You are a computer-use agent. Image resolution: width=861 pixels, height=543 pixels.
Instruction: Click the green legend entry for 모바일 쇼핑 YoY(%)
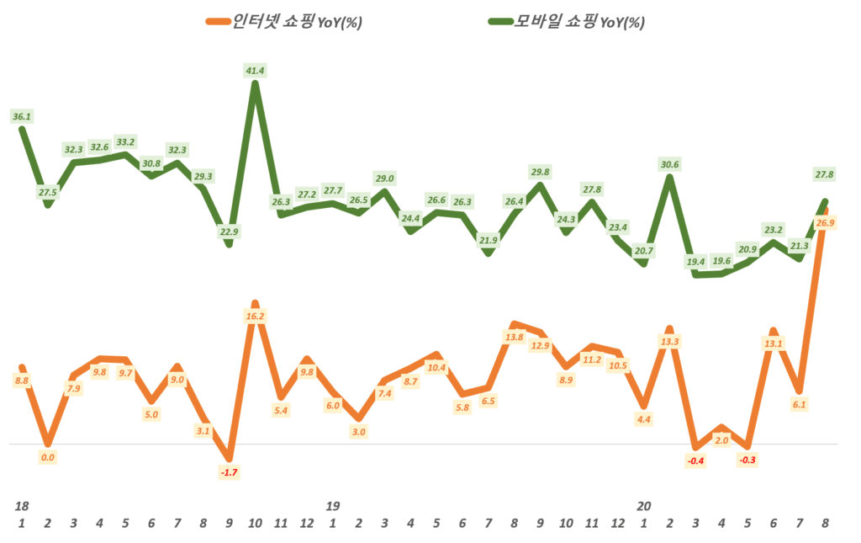(x=566, y=23)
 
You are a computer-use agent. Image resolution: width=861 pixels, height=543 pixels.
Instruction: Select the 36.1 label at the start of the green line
(x=22, y=115)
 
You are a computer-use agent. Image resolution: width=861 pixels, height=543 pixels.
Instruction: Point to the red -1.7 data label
(x=229, y=472)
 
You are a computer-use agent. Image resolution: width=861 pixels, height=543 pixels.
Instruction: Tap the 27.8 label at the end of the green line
(x=825, y=174)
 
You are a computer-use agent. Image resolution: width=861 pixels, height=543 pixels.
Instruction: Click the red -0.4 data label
(x=695, y=460)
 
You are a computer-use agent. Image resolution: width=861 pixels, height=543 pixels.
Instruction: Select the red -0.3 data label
(x=747, y=460)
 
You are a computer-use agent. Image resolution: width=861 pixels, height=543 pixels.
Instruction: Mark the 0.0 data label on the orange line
(x=48, y=457)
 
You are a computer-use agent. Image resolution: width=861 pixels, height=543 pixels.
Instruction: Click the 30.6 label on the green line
(x=669, y=164)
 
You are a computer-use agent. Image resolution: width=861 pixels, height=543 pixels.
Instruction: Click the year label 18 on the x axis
(x=22, y=506)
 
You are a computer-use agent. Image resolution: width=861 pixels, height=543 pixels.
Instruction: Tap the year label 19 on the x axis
(x=333, y=506)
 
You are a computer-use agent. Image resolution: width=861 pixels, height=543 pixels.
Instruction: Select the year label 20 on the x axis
(x=644, y=506)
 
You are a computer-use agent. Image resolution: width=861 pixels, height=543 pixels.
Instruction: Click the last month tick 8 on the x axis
(x=825, y=523)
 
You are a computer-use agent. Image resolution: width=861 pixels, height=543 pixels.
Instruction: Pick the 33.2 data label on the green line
(x=125, y=141)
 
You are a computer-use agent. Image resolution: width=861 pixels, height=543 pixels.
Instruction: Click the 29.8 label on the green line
(x=540, y=172)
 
